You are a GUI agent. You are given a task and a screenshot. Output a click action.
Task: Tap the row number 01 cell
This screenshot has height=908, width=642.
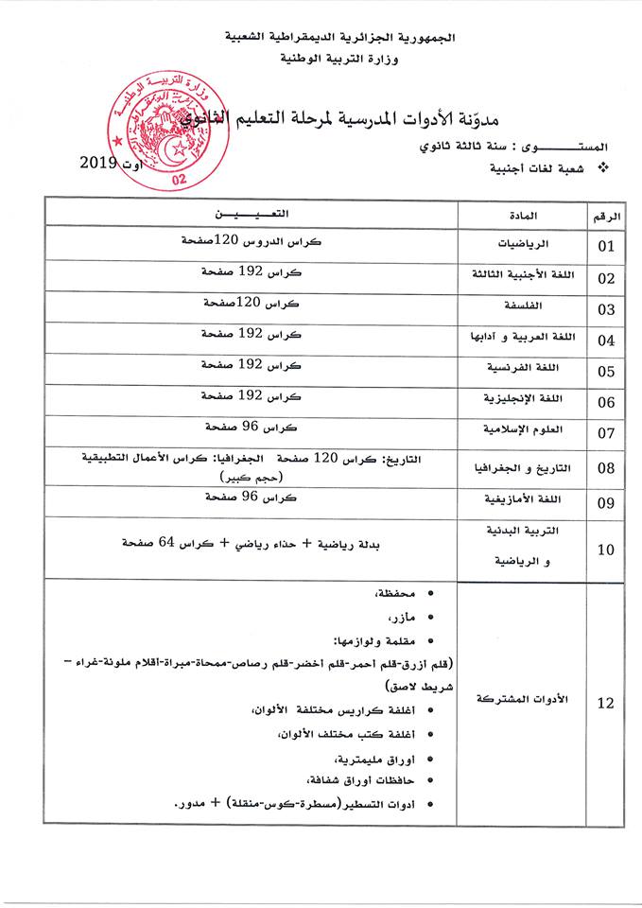coord(606,247)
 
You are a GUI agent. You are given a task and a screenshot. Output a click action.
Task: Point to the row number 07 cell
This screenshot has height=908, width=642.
coord(606,434)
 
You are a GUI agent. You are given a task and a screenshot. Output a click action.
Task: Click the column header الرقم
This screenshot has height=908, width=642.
coord(605,216)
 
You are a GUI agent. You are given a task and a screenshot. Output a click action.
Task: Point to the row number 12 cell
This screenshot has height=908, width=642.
coord(606,702)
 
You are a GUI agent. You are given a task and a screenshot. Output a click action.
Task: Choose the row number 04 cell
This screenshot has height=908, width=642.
coord(606,340)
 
